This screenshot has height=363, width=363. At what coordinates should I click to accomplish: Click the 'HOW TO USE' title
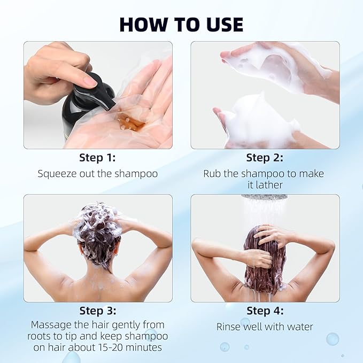coord(181,24)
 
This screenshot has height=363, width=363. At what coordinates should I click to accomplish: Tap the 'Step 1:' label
coord(97,158)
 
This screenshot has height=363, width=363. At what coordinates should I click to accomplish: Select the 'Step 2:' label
coord(265,158)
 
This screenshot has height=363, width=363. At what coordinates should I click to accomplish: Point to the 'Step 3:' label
coord(97,311)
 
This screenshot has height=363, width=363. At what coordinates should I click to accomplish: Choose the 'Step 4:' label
coord(265,311)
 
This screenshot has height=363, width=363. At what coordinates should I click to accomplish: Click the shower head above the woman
coord(264,197)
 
